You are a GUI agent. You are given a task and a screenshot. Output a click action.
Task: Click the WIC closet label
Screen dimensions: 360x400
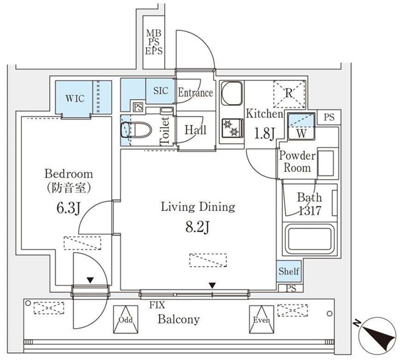coord(75,98)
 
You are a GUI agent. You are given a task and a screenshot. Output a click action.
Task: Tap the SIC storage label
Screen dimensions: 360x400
coord(160,91)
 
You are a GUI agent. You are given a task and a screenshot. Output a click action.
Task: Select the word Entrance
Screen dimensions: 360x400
coord(195,93)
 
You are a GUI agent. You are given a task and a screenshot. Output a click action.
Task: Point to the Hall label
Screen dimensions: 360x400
coord(194,129)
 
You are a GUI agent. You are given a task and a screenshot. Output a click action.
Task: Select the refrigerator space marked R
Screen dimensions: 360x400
coord(289,93)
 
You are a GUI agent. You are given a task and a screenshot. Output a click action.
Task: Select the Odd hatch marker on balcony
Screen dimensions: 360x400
coord(125,320)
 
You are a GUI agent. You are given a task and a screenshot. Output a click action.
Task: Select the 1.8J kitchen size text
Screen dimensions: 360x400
coord(264,134)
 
